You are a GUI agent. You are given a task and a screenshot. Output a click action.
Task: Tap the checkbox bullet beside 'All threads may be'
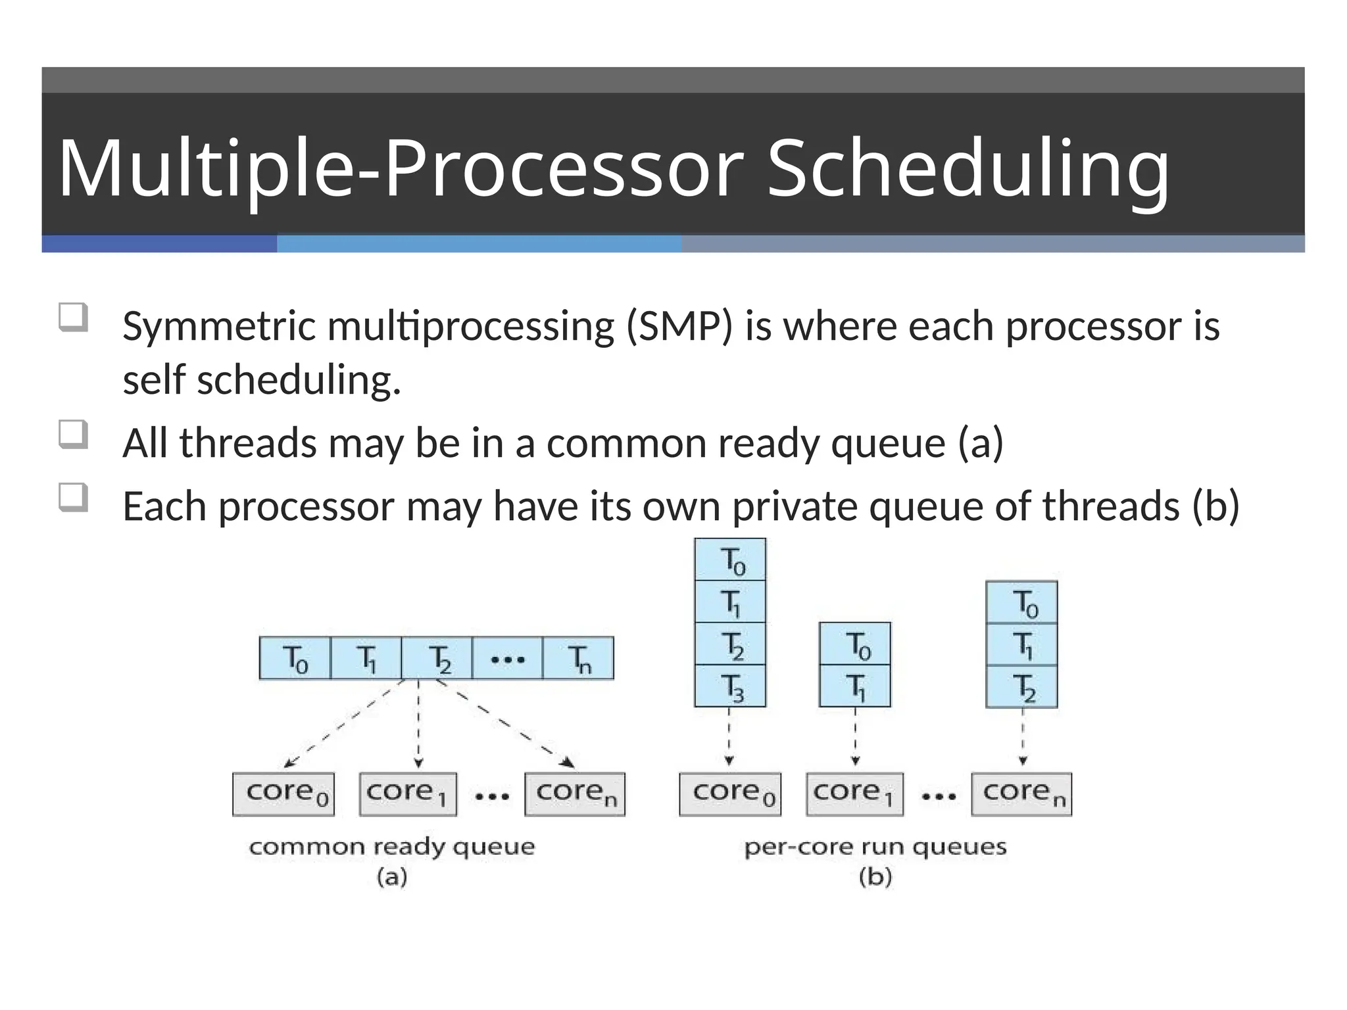click(73, 435)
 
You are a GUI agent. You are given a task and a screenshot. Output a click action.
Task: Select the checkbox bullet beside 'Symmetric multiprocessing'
click(73, 318)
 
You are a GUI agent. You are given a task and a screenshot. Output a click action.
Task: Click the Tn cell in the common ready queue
click(578, 658)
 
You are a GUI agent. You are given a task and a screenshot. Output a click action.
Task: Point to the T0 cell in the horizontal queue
click(295, 658)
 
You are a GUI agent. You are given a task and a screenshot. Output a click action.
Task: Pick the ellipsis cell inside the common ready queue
click(507, 658)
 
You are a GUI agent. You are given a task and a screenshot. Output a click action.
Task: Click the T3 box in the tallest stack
click(730, 686)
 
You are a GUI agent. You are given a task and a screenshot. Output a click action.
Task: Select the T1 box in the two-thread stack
click(854, 686)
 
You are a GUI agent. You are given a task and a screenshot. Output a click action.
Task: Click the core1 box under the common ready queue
click(408, 794)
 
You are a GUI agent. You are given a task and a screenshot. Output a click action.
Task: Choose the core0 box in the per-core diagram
click(730, 794)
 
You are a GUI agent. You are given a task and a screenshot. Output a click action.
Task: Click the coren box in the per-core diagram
click(1021, 794)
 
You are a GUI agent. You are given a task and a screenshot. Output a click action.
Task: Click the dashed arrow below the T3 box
click(729, 736)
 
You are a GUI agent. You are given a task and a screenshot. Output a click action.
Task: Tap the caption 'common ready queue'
click(392, 847)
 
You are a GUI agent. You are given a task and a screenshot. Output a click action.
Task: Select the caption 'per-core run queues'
click(875, 847)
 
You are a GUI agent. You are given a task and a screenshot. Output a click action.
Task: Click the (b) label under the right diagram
click(875, 877)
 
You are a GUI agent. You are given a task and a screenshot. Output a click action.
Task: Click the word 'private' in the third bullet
click(795, 506)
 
